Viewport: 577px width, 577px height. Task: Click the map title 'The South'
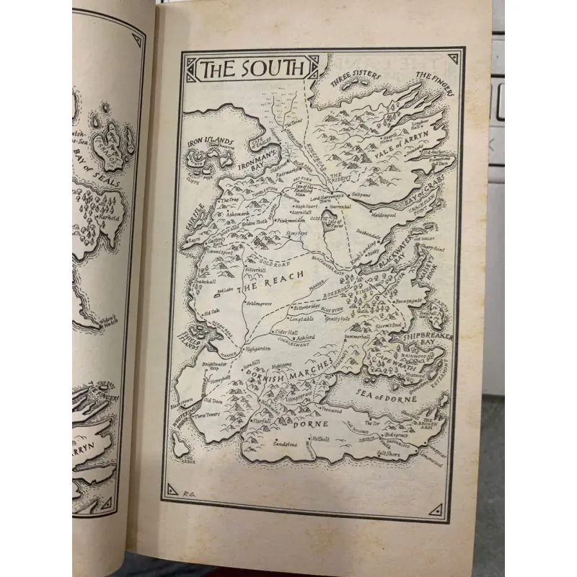pos(247,70)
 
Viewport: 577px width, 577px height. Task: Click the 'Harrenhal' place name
pos(337,207)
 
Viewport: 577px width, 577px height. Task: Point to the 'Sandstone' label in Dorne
pos(284,444)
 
